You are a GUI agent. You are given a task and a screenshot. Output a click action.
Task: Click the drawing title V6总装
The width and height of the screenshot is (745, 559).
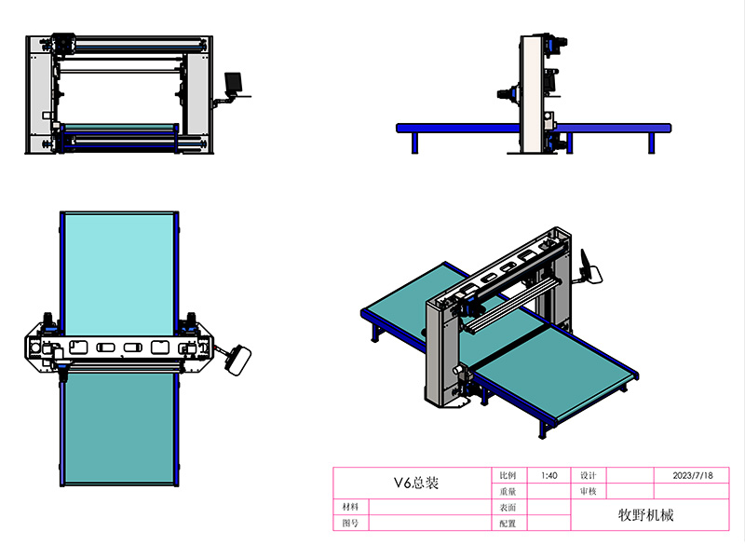click(x=416, y=483)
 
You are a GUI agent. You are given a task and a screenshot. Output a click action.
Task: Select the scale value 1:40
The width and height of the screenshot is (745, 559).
click(x=549, y=475)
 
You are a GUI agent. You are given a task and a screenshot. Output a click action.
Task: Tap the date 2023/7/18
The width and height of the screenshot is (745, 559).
click(x=693, y=475)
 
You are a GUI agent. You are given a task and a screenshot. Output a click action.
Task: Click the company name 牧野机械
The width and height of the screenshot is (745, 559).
click(x=645, y=515)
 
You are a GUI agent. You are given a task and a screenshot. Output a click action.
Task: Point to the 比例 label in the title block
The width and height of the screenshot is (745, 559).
click(x=508, y=475)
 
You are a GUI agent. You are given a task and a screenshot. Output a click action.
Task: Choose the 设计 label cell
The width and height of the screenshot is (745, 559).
click(x=588, y=475)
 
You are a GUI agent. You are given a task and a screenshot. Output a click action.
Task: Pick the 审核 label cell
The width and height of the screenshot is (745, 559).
click(x=588, y=492)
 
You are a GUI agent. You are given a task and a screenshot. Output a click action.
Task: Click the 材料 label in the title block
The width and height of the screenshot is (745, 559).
click(x=350, y=507)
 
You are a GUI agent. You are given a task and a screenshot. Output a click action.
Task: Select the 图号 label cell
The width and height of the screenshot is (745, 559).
click(x=350, y=524)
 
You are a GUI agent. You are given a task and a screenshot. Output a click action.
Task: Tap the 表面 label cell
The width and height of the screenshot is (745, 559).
click(x=508, y=508)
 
